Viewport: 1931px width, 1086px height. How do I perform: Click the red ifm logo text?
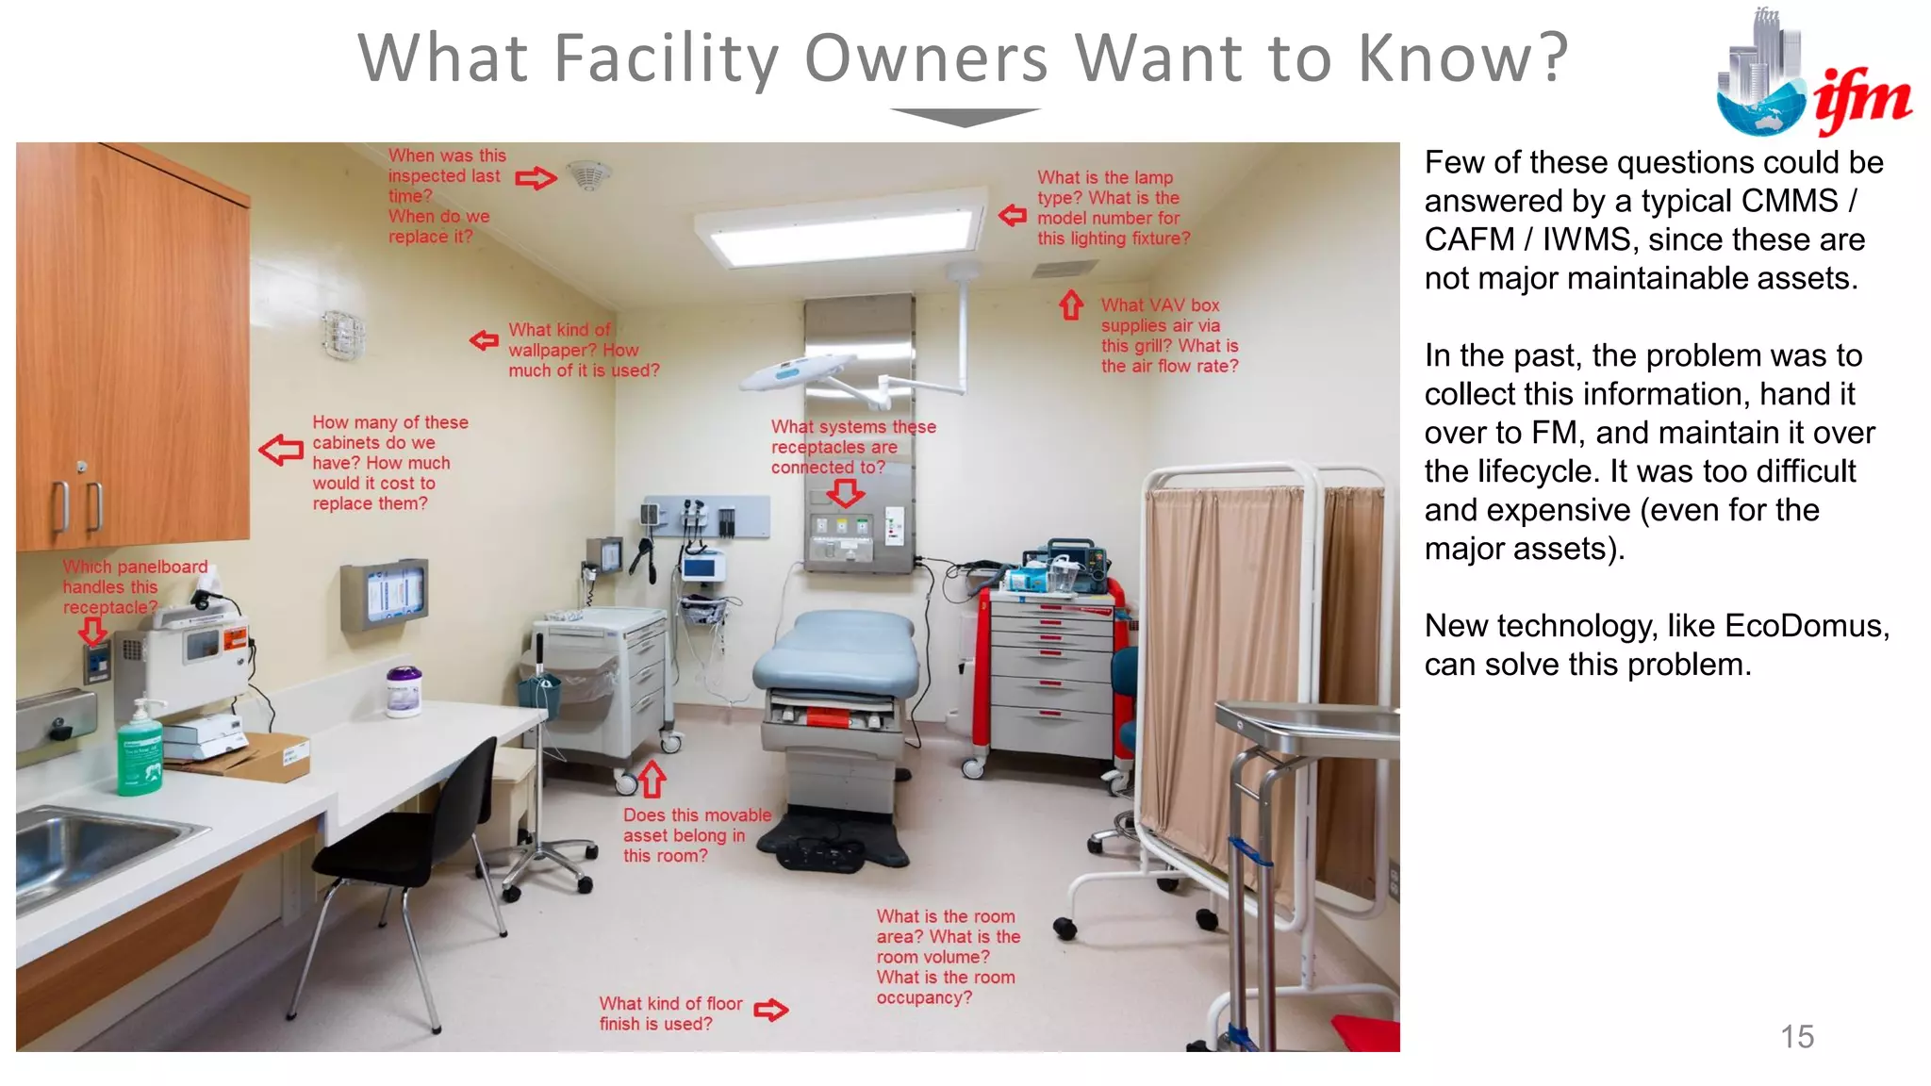1862,100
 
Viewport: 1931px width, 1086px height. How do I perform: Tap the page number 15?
1797,1037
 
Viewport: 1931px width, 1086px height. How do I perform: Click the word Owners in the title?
926,58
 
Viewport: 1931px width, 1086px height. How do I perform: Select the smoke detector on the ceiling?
589,175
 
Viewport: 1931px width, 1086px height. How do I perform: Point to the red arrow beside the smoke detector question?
536,177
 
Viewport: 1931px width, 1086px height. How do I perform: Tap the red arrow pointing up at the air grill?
1071,304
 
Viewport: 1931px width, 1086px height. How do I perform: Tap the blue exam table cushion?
837,650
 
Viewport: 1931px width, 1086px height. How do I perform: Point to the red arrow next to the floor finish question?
770,1011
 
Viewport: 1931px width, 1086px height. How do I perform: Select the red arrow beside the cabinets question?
281,450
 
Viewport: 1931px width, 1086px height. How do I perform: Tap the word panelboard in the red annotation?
161,568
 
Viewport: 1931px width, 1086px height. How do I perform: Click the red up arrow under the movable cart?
652,780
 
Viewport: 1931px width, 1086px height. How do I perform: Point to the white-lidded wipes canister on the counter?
404,692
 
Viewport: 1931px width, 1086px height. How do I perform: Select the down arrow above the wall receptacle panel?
846,492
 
